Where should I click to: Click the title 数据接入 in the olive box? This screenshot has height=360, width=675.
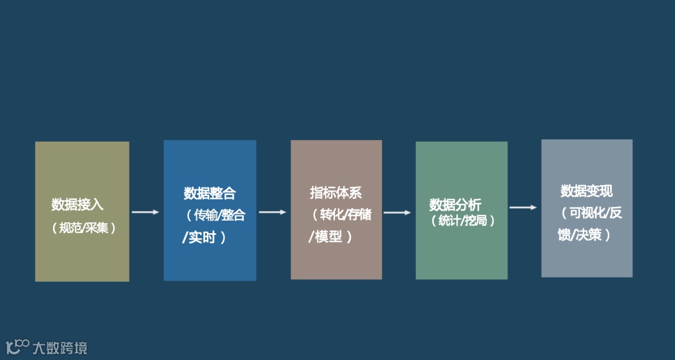pyautogui.click(x=77, y=204)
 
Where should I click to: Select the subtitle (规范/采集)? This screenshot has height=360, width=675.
pyautogui.click(x=84, y=228)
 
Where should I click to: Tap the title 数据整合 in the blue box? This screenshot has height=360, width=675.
pyautogui.click(x=210, y=193)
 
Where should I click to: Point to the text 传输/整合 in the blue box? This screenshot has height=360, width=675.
pyautogui.click(x=219, y=216)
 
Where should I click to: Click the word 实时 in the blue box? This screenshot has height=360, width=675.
pyautogui.click(x=202, y=238)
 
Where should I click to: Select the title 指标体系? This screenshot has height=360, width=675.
pyautogui.click(x=336, y=192)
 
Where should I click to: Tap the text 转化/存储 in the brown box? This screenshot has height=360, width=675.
pyautogui.click(x=346, y=214)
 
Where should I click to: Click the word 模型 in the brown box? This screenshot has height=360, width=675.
pyautogui.click(x=329, y=237)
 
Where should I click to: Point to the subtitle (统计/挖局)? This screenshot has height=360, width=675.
pyautogui.click(x=463, y=221)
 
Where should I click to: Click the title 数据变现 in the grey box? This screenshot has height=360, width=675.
pyautogui.click(x=587, y=191)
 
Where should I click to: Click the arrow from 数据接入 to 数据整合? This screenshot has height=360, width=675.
pyautogui.click(x=146, y=212)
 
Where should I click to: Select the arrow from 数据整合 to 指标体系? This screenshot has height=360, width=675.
pyautogui.click(x=272, y=212)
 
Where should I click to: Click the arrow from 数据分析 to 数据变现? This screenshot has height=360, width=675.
pyautogui.click(x=523, y=207)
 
